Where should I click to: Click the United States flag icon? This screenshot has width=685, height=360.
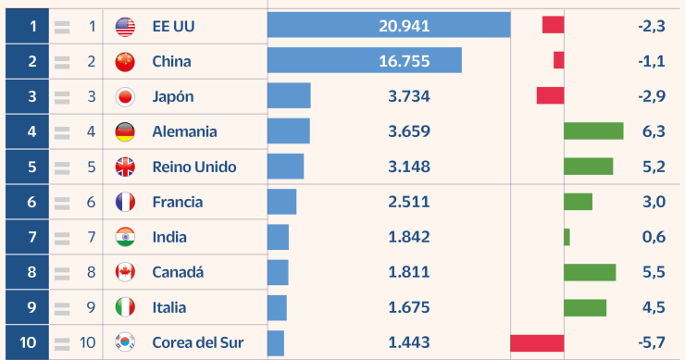(x=125, y=27)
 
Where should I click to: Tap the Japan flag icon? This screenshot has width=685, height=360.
(x=125, y=97)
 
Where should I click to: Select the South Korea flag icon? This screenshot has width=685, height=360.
(x=125, y=342)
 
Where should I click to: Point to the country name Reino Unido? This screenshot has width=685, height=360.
(x=194, y=168)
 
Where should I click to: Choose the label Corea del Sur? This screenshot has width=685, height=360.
(x=198, y=342)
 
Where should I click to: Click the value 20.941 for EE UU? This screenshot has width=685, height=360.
(x=404, y=27)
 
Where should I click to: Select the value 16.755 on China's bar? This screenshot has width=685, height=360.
(x=404, y=62)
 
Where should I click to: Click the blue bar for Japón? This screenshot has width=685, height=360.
(x=289, y=97)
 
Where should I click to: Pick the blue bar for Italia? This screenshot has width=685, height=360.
(x=277, y=307)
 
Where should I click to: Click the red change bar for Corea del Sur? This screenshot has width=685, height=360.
(x=537, y=342)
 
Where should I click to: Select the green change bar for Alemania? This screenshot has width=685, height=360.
(x=593, y=132)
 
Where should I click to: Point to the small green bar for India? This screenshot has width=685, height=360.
(x=567, y=237)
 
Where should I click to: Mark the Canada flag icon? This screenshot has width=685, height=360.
(x=125, y=272)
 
